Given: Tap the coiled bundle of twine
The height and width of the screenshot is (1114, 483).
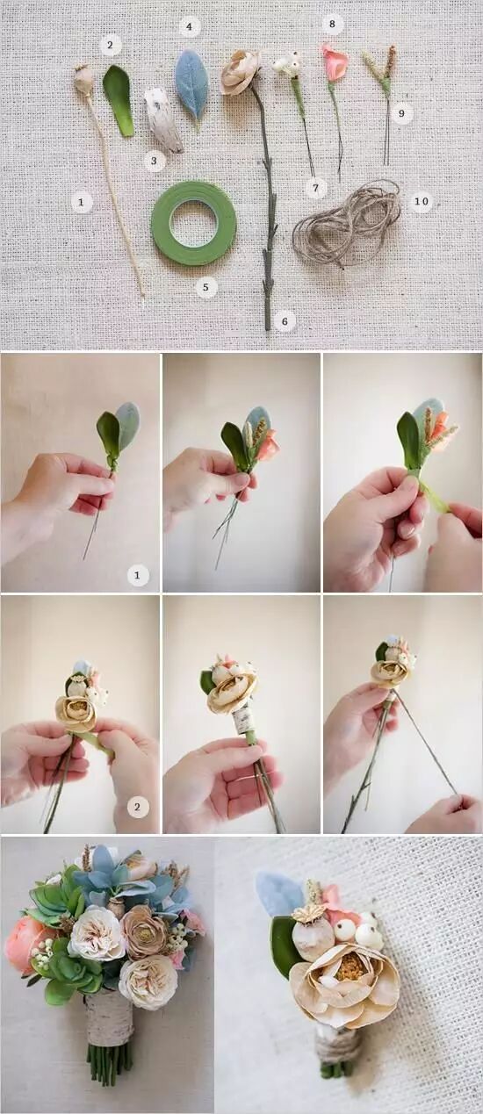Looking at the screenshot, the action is pyautogui.click(x=347, y=223).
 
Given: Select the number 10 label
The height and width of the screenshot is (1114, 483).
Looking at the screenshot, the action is pyautogui.click(x=422, y=201).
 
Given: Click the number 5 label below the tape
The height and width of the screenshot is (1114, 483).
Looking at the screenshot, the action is pyautogui.click(x=206, y=287).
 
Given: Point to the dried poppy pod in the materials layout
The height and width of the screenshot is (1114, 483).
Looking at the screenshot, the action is pyautogui.click(x=83, y=79).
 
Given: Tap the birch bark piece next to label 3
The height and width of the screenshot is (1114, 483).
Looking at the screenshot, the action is pyautogui.click(x=162, y=120).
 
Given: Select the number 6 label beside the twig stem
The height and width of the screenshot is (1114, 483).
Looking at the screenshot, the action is pyautogui.click(x=285, y=321).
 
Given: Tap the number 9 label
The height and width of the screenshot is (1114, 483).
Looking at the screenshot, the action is pyautogui.click(x=401, y=114).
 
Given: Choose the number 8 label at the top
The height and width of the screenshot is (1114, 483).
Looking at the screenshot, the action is pyautogui.click(x=332, y=24).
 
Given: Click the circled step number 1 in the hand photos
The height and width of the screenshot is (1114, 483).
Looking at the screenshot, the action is pyautogui.click(x=137, y=576).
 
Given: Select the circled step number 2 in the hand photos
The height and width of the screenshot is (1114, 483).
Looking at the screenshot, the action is pyautogui.click(x=138, y=807).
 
